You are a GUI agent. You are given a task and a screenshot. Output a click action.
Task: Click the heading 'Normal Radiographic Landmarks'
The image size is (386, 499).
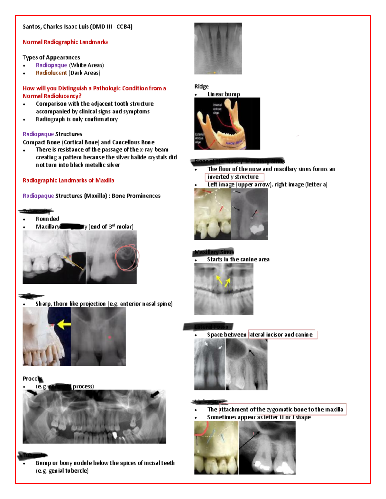pos(65,42)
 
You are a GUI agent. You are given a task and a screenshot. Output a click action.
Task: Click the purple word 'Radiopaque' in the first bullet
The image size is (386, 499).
pos(51,65)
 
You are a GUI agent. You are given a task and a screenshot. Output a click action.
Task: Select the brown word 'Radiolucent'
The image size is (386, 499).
pos(51,73)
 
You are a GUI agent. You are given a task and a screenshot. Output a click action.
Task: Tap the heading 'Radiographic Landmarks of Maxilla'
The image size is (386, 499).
pos(68,180)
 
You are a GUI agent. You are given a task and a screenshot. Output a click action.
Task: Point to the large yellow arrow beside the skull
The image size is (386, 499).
pos(64,324)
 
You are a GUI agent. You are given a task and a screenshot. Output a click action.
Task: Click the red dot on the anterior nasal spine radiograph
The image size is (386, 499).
pos(110,337)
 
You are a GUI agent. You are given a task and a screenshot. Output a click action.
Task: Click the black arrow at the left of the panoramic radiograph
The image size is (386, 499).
pos(32,393)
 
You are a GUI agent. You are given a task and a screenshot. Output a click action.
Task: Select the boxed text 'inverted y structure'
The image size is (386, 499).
pos(234,177)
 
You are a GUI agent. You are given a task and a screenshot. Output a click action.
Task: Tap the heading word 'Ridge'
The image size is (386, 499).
pos(201,86)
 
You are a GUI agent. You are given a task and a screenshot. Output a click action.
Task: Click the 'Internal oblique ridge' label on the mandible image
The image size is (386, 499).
pos(217,109)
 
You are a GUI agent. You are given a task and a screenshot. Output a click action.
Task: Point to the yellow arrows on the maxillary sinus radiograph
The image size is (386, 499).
pos(223,281)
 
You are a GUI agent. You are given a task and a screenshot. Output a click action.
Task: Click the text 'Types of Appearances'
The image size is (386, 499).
pos(51,58)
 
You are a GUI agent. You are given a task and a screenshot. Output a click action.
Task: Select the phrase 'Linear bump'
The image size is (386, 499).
pos(224,94)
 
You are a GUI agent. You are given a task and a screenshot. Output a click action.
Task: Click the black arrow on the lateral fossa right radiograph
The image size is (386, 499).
pos(252,353)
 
